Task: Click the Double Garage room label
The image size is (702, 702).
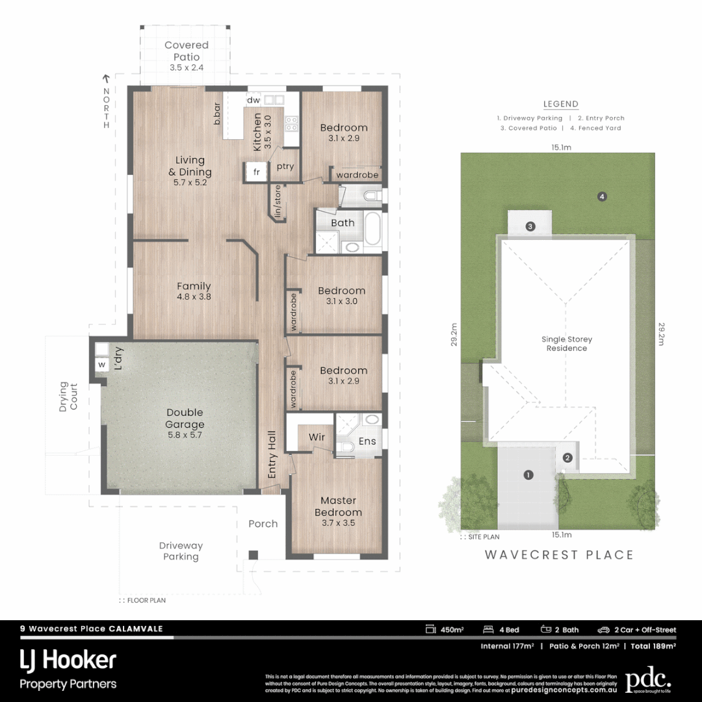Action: click(185, 418)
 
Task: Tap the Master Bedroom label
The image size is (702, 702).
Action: click(338, 506)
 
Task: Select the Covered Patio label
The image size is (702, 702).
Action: click(187, 51)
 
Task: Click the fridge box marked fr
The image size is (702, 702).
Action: click(256, 172)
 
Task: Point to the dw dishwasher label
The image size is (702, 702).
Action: click(253, 100)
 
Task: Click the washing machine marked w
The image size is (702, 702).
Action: click(101, 365)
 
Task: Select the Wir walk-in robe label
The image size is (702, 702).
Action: click(317, 437)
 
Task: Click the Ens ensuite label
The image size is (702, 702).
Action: click(367, 441)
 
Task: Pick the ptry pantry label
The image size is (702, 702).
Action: click(285, 166)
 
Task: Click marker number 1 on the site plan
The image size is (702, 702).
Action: click(528, 475)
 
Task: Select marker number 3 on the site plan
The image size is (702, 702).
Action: click(530, 226)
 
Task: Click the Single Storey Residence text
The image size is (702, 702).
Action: click(567, 344)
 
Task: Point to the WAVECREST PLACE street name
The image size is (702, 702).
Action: click(559, 554)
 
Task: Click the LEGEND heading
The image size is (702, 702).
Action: click(560, 104)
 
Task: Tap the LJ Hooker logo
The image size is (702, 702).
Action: click(68, 660)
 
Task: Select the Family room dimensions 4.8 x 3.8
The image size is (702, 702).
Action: click(194, 296)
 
